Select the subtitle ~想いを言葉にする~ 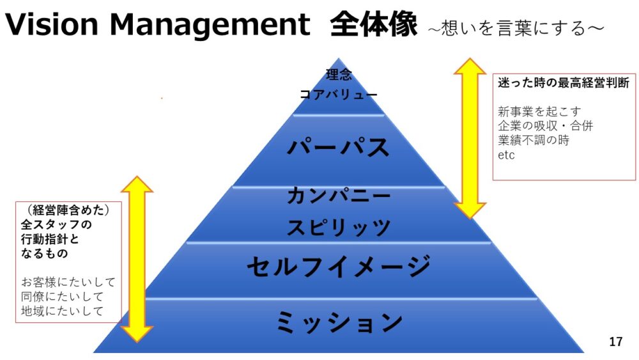tap(515, 27)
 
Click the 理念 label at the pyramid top tap(339, 75)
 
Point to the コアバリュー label tap(339, 94)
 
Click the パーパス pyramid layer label tap(339, 147)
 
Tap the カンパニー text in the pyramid tap(339, 194)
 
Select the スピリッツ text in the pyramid tap(339, 226)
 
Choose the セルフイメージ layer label tap(339, 267)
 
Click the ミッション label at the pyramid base tap(339, 322)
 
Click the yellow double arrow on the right tap(470, 137)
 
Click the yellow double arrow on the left tap(137, 258)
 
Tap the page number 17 tap(615, 342)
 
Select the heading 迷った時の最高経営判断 tap(564, 83)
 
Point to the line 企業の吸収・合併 tap(545, 125)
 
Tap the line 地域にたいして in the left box tap(62, 311)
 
